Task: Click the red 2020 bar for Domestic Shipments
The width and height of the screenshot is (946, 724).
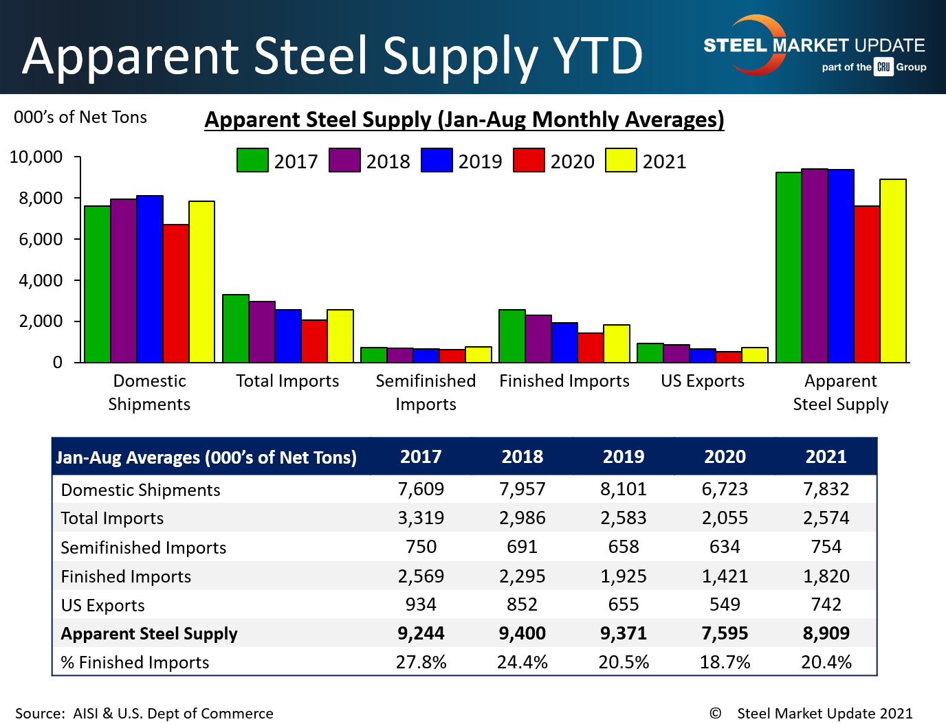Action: click(176, 293)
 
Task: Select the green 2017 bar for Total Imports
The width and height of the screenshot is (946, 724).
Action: click(236, 328)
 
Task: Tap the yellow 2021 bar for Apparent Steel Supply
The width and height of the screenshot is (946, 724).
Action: click(893, 271)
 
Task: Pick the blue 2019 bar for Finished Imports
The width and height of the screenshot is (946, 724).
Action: click(564, 343)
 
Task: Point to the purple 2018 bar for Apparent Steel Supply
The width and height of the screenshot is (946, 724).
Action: click(815, 265)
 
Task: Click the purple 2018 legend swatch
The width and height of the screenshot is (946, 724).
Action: click(344, 160)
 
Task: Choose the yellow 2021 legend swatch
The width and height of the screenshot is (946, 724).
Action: click(621, 160)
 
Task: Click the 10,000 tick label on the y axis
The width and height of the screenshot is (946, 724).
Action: click(36, 157)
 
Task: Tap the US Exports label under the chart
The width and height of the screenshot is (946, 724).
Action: click(703, 381)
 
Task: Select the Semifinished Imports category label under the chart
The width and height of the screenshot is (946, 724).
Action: click(426, 392)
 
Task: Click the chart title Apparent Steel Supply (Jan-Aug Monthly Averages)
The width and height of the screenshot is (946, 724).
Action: click(464, 120)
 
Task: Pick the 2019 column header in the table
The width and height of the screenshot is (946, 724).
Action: click(624, 457)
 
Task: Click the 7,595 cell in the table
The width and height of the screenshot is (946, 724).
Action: click(725, 633)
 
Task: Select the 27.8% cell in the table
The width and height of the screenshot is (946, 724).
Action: click(421, 662)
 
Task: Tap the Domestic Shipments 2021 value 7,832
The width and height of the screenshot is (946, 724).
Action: click(826, 489)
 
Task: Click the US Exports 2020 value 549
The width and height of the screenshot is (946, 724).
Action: click(725, 604)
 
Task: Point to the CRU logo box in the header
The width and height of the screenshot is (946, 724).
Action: click(883, 67)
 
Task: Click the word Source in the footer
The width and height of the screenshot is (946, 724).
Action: click(39, 714)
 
